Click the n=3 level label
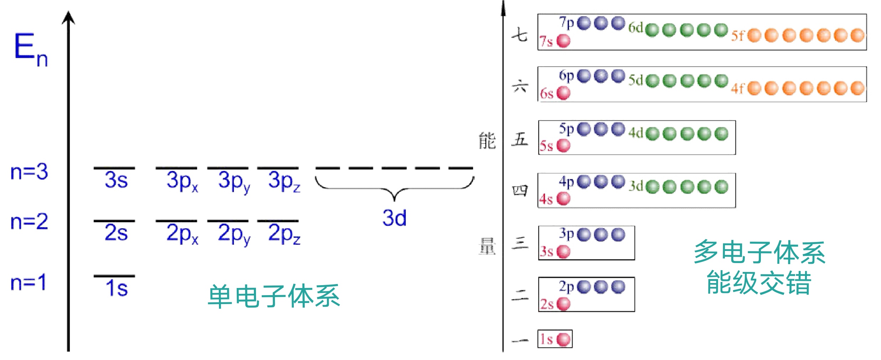[29, 172]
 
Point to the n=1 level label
[29, 282]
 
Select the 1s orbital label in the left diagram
[116, 288]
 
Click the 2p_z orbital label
[284, 234]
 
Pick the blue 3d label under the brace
[394, 218]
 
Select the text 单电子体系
[273, 296]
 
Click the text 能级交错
[759, 283]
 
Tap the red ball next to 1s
[563, 339]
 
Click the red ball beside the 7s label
[563, 41]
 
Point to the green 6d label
[635, 27]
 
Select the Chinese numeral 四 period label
[519, 191]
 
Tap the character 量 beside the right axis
[487, 246]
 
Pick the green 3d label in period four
[636, 186]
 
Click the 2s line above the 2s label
[114, 221]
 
